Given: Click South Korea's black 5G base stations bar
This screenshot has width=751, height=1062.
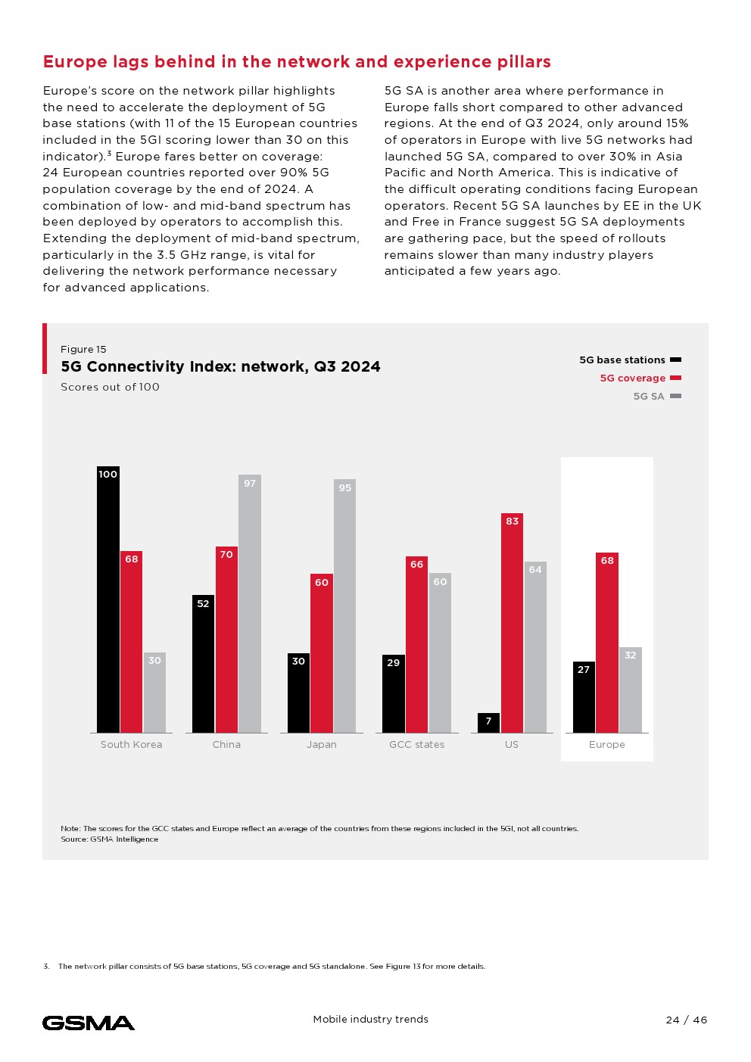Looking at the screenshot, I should pyautogui.click(x=108, y=600).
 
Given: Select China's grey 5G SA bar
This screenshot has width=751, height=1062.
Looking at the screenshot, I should pyautogui.click(x=250, y=604).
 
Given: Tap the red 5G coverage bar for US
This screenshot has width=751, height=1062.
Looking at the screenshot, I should pyautogui.click(x=512, y=623).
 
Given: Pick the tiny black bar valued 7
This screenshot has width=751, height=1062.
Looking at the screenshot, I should pyautogui.click(x=488, y=723).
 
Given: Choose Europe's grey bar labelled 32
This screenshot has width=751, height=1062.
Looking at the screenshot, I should pyautogui.click(x=631, y=690).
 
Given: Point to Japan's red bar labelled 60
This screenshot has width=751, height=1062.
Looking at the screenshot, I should pyautogui.click(x=322, y=653).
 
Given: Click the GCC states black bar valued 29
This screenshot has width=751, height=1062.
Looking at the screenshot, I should pyautogui.click(x=393, y=693).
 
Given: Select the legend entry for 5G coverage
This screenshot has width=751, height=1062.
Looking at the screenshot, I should pyautogui.click(x=640, y=378).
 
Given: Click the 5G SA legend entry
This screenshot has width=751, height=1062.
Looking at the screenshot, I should pyautogui.click(x=656, y=397).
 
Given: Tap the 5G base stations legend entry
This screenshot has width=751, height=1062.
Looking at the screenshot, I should pyautogui.click(x=629, y=360).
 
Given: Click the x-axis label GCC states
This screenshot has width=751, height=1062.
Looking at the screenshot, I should pyautogui.click(x=416, y=745).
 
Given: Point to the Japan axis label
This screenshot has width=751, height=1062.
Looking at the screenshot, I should pyautogui.click(x=322, y=745).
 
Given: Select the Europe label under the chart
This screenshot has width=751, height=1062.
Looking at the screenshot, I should pyautogui.click(x=607, y=745).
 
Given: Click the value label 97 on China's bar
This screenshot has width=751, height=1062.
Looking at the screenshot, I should pyautogui.click(x=250, y=484).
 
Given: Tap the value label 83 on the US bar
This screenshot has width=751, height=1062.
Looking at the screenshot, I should pyautogui.click(x=513, y=522).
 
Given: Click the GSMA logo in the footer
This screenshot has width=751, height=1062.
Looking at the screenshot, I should pyautogui.click(x=89, y=1023).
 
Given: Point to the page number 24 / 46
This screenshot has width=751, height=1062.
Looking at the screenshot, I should pyautogui.click(x=687, y=1020).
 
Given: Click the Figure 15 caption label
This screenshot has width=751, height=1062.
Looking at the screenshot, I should pyautogui.click(x=83, y=350).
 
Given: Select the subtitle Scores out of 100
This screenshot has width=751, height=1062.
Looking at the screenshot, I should pyautogui.click(x=110, y=387).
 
